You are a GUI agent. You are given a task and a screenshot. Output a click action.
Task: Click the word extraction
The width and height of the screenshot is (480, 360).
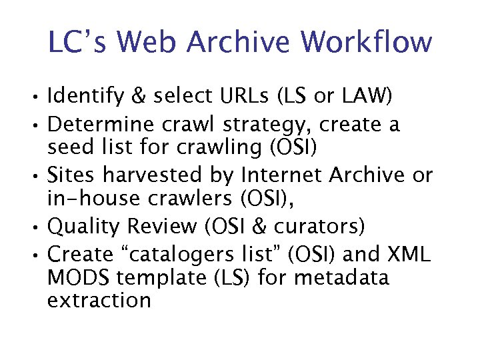(99, 300)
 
